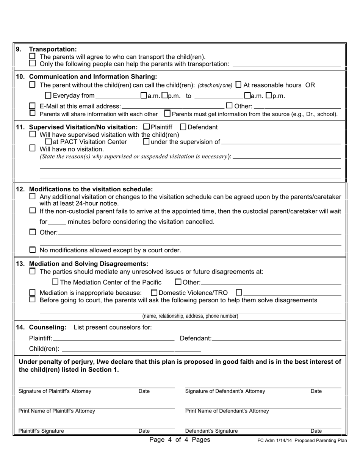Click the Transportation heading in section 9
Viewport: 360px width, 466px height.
[53, 49]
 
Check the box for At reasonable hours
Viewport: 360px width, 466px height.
[238, 84]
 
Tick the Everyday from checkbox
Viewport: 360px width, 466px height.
[48, 96]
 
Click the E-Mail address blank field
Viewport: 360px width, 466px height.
[172, 106]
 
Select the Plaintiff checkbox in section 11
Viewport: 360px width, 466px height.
[147, 127]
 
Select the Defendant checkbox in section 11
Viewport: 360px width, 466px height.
[183, 127]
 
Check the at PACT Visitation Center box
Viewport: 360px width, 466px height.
[48, 142]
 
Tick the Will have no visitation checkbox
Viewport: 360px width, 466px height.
[33, 149]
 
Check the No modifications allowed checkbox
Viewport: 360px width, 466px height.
[33, 250]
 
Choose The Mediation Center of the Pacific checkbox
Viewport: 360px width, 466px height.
[55, 282]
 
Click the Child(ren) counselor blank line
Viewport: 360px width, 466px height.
[131, 349]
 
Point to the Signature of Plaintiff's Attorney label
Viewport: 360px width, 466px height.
[55, 391]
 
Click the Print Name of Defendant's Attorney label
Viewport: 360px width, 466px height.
[227, 411]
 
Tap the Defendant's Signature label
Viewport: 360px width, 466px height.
[211, 431]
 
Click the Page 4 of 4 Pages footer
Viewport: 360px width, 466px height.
[180, 440]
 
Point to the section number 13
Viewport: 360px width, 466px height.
[20, 264]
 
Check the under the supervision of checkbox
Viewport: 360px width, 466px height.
[146, 142]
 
